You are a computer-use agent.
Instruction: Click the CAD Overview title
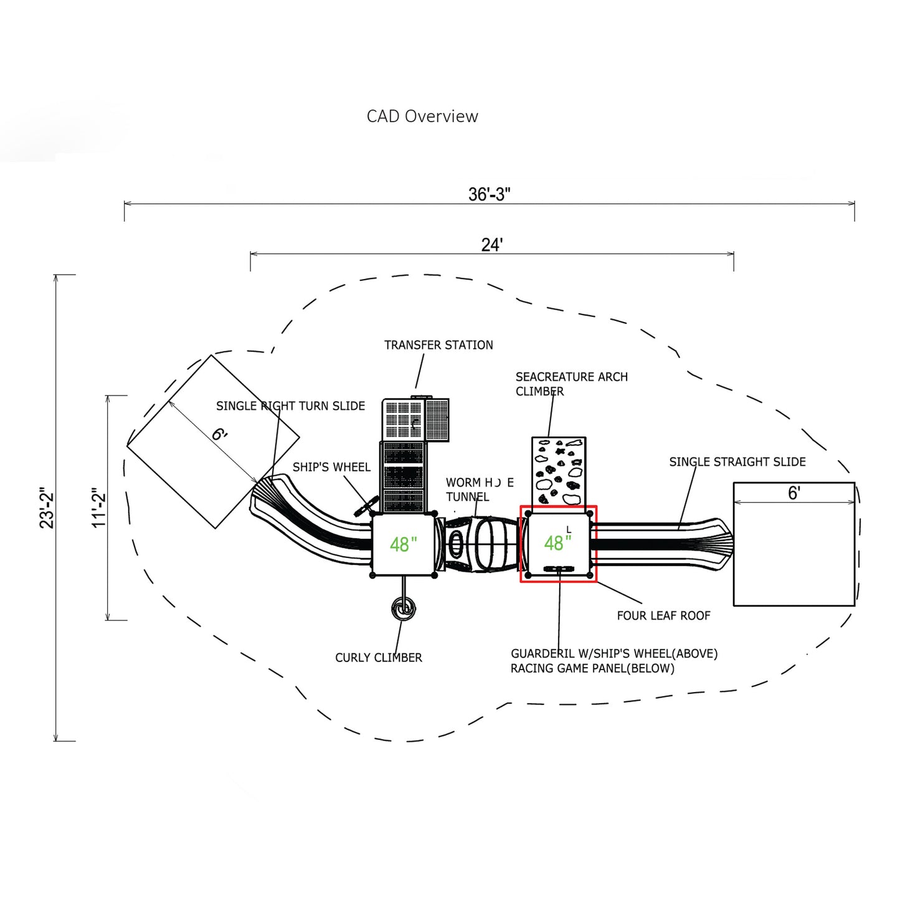click(422, 116)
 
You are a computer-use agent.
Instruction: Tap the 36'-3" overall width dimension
click(489, 194)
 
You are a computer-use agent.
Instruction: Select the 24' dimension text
click(491, 245)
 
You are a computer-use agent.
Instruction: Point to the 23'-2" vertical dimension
click(47, 508)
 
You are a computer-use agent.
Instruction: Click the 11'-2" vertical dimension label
click(99, 508)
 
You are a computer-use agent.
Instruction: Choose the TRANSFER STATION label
click(438, 345)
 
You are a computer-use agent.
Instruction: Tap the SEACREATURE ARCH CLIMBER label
click(571, 384)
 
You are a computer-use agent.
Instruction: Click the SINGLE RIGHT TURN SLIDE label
click(290, 406)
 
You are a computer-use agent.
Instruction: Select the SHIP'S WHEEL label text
click(331, 467)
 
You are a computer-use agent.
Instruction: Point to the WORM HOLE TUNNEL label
click(479, 490)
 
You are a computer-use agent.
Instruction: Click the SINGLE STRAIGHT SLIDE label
click(737, 462)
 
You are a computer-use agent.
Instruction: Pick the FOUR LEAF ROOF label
click(663, 615)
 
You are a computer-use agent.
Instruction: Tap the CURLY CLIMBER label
click(379, 658)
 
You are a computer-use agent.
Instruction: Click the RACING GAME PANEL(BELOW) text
click(592, 668)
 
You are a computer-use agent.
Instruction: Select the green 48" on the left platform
click(403, 544)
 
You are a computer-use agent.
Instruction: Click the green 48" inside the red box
click(557, 543)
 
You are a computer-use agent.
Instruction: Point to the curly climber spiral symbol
click(404, 609)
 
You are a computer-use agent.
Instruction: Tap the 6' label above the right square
click(794, 493)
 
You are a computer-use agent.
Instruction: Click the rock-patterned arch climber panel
click(559, 471)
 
